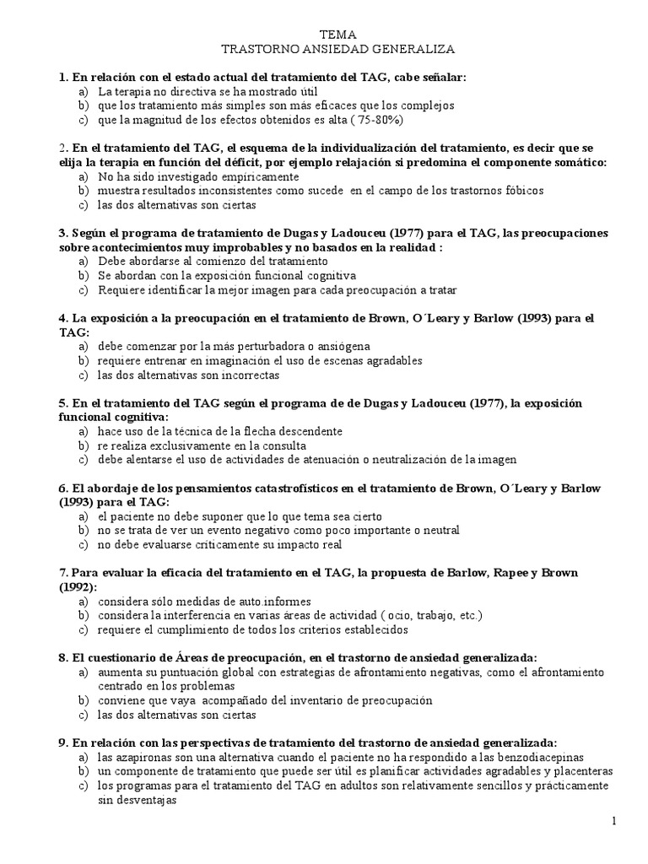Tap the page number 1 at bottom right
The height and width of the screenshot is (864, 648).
point(615,820)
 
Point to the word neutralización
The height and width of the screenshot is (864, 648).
point(402,459)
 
